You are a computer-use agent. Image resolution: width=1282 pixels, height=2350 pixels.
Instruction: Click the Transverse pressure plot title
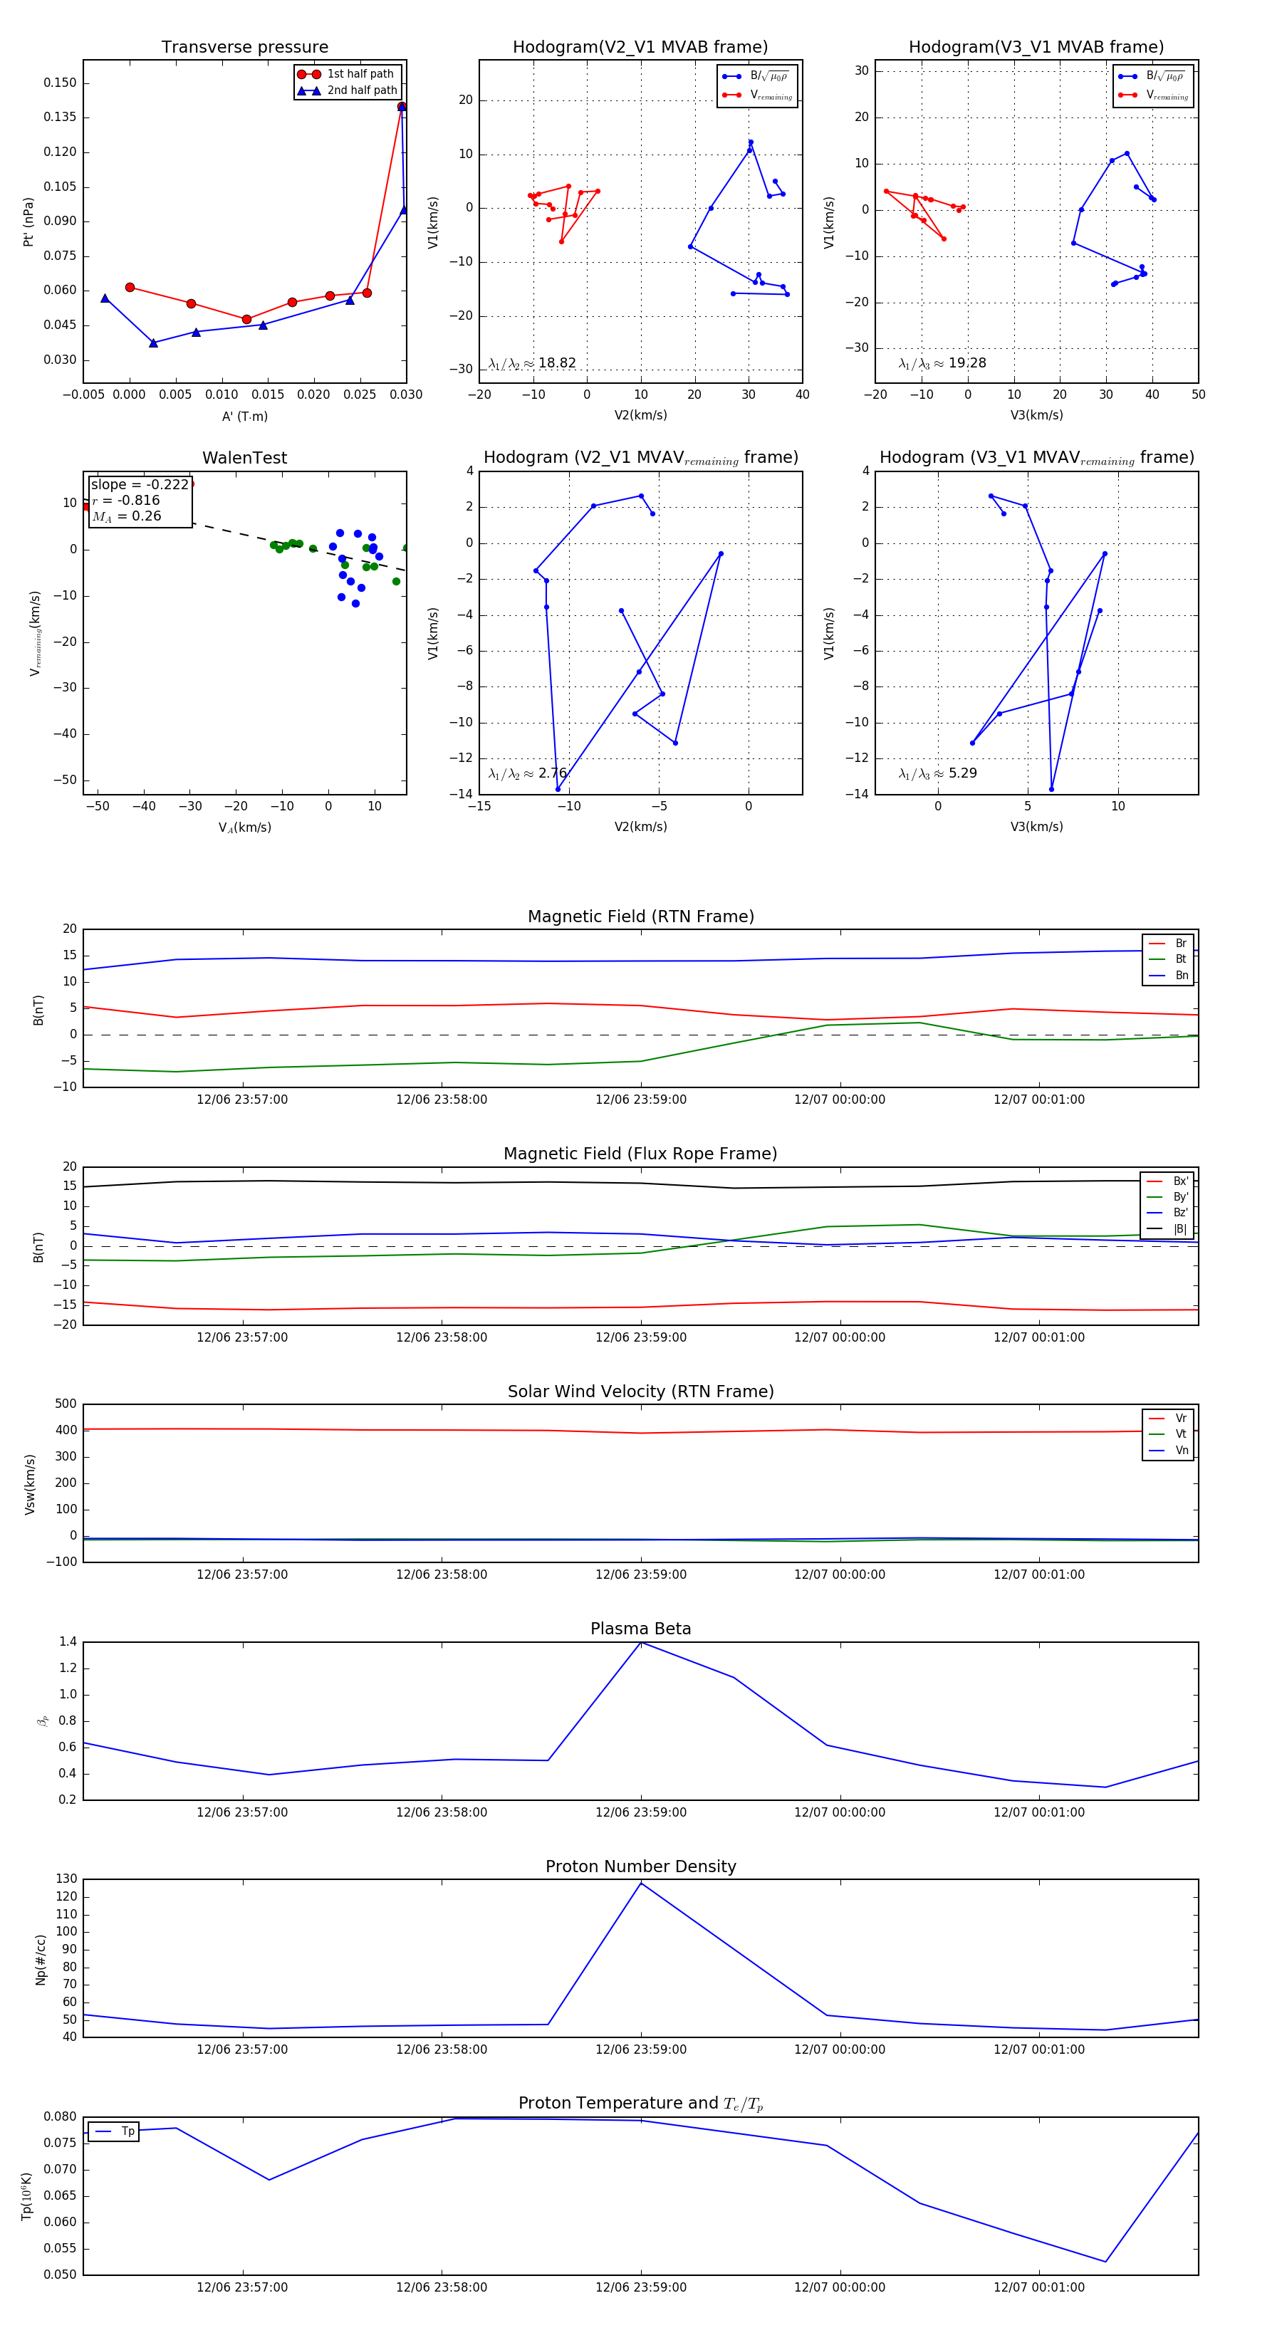[x=244, y=48]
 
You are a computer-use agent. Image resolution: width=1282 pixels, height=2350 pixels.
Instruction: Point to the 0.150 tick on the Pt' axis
[x=61, y=83]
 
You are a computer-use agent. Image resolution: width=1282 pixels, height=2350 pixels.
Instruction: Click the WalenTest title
[x=244, y=458]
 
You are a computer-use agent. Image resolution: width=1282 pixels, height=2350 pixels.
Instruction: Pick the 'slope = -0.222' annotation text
[x=140, y=484]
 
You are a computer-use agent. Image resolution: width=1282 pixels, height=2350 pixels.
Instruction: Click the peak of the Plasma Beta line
[x=640, y=1643]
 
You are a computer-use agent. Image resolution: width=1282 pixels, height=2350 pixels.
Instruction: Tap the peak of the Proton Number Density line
[x=640, y=1884]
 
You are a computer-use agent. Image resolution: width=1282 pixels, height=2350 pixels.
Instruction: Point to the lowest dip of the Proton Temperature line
[x=1105, y=2262]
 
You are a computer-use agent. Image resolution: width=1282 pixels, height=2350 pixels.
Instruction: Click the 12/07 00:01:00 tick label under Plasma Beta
[x=1038, y=1812]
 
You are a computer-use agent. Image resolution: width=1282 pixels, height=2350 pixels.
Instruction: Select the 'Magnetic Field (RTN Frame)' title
[x=640, y=916]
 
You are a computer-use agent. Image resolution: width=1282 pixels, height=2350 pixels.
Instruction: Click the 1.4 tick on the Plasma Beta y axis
[x=68, y=1642]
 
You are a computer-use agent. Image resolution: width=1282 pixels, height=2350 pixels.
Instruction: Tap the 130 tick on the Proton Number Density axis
[x=66, y=1879]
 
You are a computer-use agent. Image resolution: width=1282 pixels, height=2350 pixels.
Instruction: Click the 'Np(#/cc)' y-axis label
[x=40, y=1960]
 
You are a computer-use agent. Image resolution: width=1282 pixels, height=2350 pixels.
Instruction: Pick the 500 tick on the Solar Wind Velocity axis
[x=66, y=1404]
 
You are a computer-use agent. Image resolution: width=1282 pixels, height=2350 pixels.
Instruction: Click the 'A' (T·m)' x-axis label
[x=244, y=416]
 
